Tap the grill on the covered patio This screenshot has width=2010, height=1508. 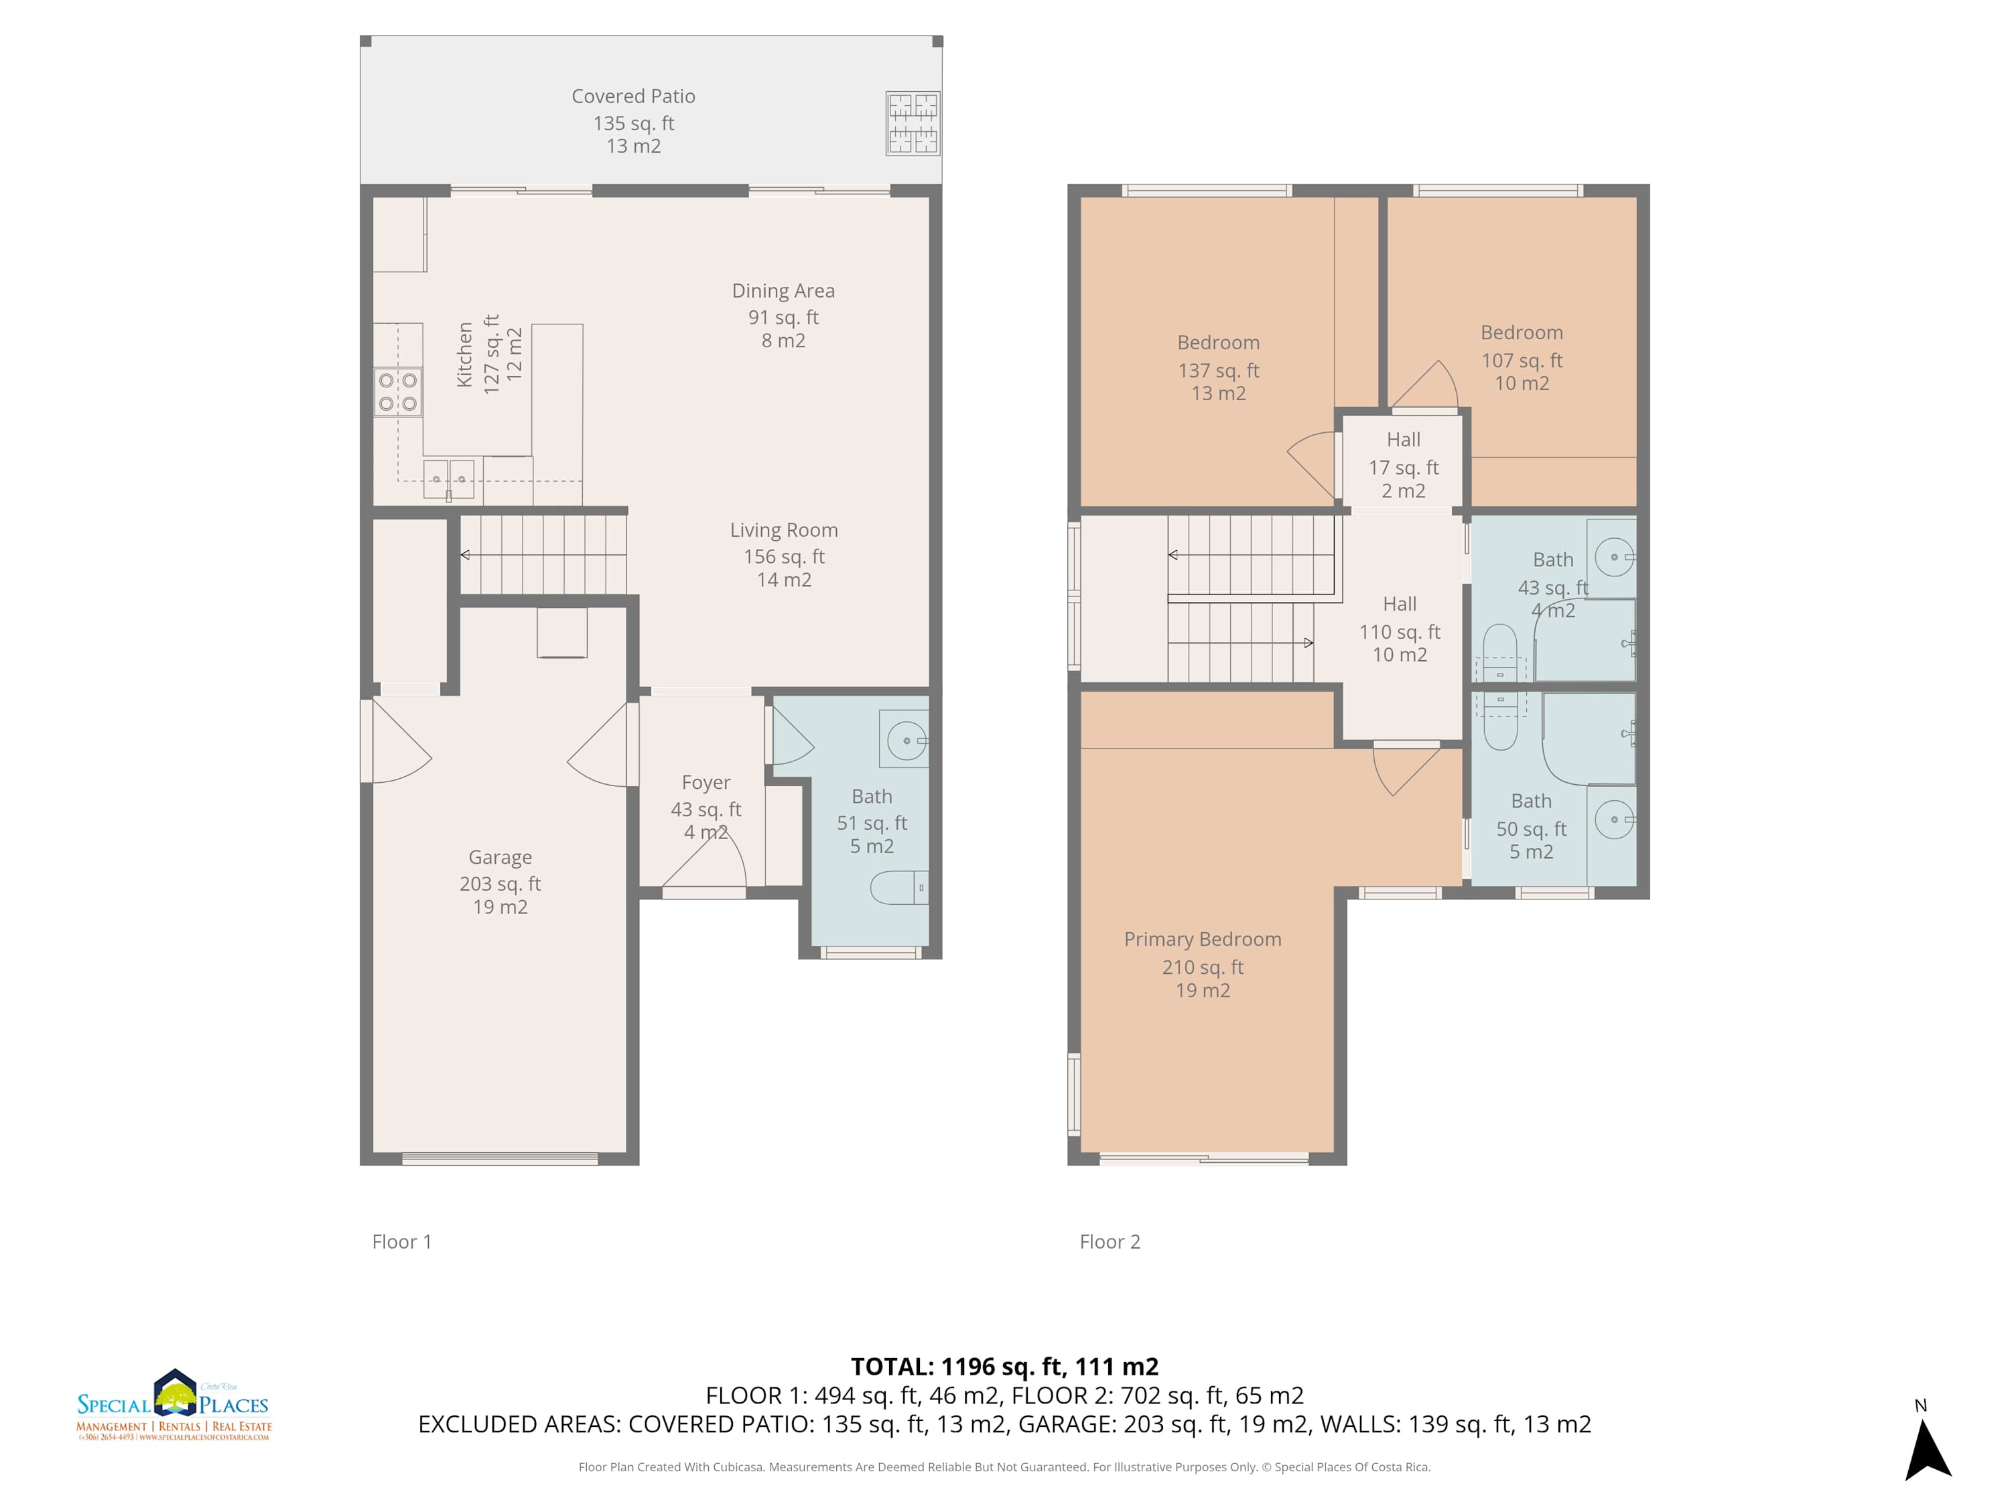click(913, 123)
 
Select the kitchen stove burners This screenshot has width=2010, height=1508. click(398, 392)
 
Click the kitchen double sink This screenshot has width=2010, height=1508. click(449, 479)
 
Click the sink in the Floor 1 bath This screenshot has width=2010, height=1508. click(906, 741)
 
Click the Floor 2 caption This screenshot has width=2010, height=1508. click(1110, 1242)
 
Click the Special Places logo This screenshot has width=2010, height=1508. click(174, 1405)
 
